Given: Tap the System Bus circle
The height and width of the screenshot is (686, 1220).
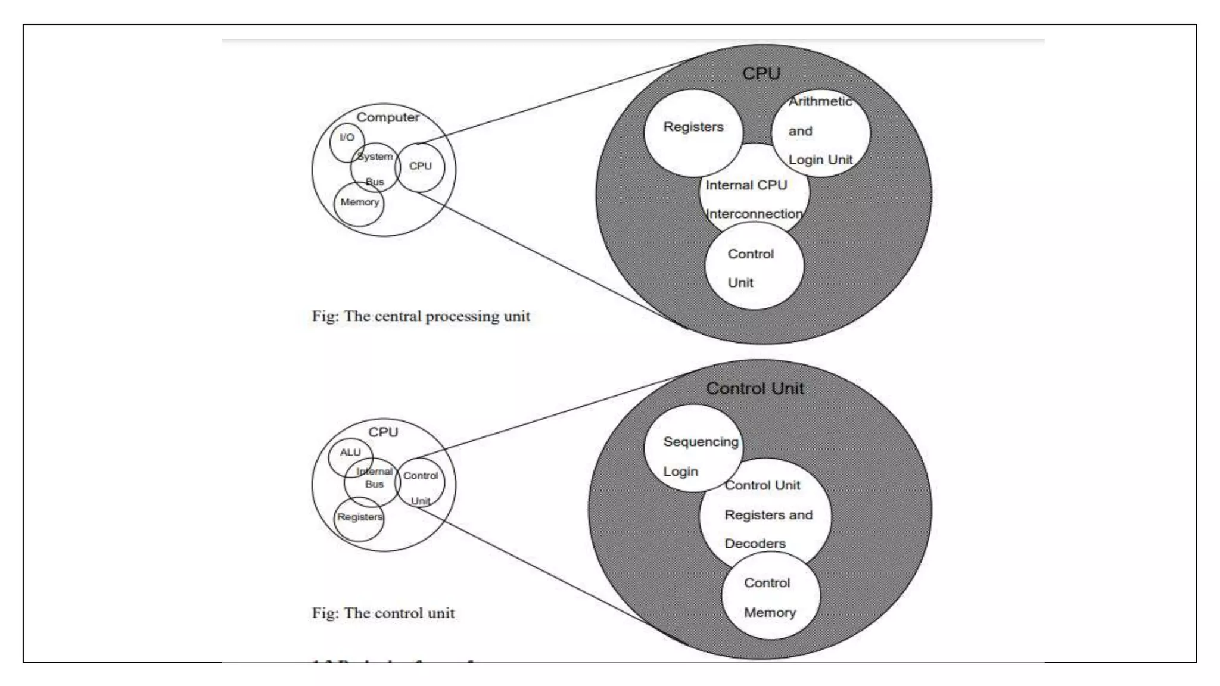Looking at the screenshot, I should [x=375, y=168].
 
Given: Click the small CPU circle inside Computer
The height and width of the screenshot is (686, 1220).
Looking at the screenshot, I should [x=421, y=167].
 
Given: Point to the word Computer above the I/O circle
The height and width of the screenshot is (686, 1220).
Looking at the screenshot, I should [x=387, y=117].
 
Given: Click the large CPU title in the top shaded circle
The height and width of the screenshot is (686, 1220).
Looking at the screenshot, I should [x=761, y=74].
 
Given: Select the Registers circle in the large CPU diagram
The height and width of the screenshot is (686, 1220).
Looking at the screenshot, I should [x=693, y=132].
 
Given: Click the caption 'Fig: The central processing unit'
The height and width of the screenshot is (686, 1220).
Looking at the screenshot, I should [x=421, y=316].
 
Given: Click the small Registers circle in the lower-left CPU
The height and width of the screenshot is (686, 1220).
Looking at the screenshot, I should [x=359, y=519].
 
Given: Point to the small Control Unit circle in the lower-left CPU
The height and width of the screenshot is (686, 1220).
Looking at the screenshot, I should [x=421, y=484].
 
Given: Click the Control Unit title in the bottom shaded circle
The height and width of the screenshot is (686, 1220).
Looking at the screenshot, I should [x=755, y=389].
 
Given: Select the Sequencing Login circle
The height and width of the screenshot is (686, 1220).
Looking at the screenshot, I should [x=693, y=449].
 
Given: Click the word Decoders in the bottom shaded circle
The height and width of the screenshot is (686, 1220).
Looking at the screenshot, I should [x=755, y=544].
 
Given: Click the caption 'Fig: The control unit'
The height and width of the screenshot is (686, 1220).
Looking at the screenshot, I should [x=383, y=613].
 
